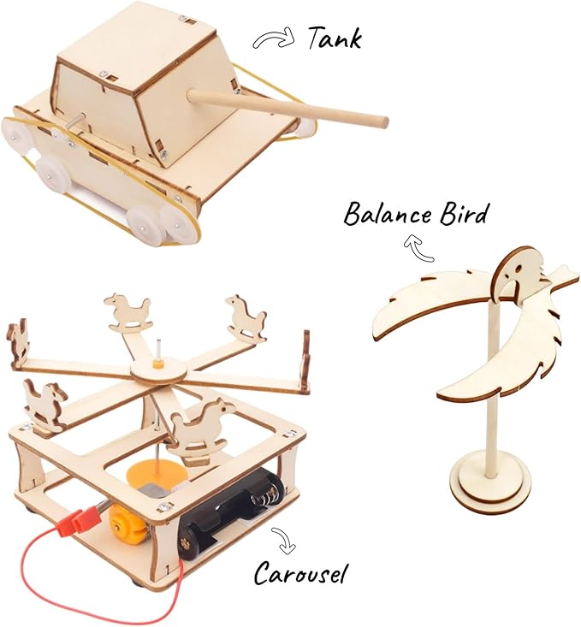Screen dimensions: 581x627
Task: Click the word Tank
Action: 334,38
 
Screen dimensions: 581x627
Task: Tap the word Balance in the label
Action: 388,214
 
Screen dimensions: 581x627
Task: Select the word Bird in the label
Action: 464,213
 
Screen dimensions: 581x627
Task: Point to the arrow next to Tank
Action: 273,38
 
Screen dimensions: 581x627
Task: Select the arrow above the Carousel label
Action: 284,541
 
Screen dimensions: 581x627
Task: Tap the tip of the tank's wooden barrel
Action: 383,121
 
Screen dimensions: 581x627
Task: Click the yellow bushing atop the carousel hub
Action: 159,364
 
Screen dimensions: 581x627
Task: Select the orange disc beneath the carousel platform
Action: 157,475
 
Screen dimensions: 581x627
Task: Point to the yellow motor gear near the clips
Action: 122,520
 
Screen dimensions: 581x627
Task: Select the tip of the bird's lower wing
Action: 439,394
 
